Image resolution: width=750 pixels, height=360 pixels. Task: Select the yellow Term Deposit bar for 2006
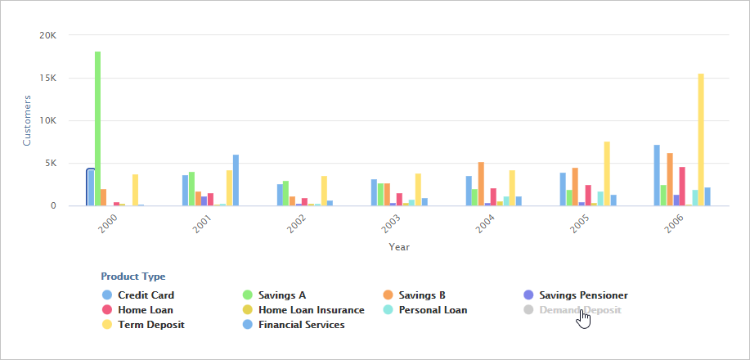701,139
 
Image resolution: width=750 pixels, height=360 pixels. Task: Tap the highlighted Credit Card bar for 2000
91,187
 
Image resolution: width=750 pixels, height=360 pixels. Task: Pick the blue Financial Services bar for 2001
236,180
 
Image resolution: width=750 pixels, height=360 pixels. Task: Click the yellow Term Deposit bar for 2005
607,173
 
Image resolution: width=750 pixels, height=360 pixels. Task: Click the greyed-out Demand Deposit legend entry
580,310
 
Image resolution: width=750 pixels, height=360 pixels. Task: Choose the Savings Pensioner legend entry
583,295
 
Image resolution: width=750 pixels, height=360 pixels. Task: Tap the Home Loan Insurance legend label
311,310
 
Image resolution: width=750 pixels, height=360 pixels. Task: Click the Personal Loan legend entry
433,310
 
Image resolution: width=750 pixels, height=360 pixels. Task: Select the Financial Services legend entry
301,325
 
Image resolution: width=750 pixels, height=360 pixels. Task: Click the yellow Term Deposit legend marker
107,325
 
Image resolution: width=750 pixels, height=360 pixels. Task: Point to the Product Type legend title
132,277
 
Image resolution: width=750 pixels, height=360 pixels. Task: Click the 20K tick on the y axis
47,35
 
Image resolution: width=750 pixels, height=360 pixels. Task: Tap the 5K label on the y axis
50,163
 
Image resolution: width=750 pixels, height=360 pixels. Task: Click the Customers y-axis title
26,120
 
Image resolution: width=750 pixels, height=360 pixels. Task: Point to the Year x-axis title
399,246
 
